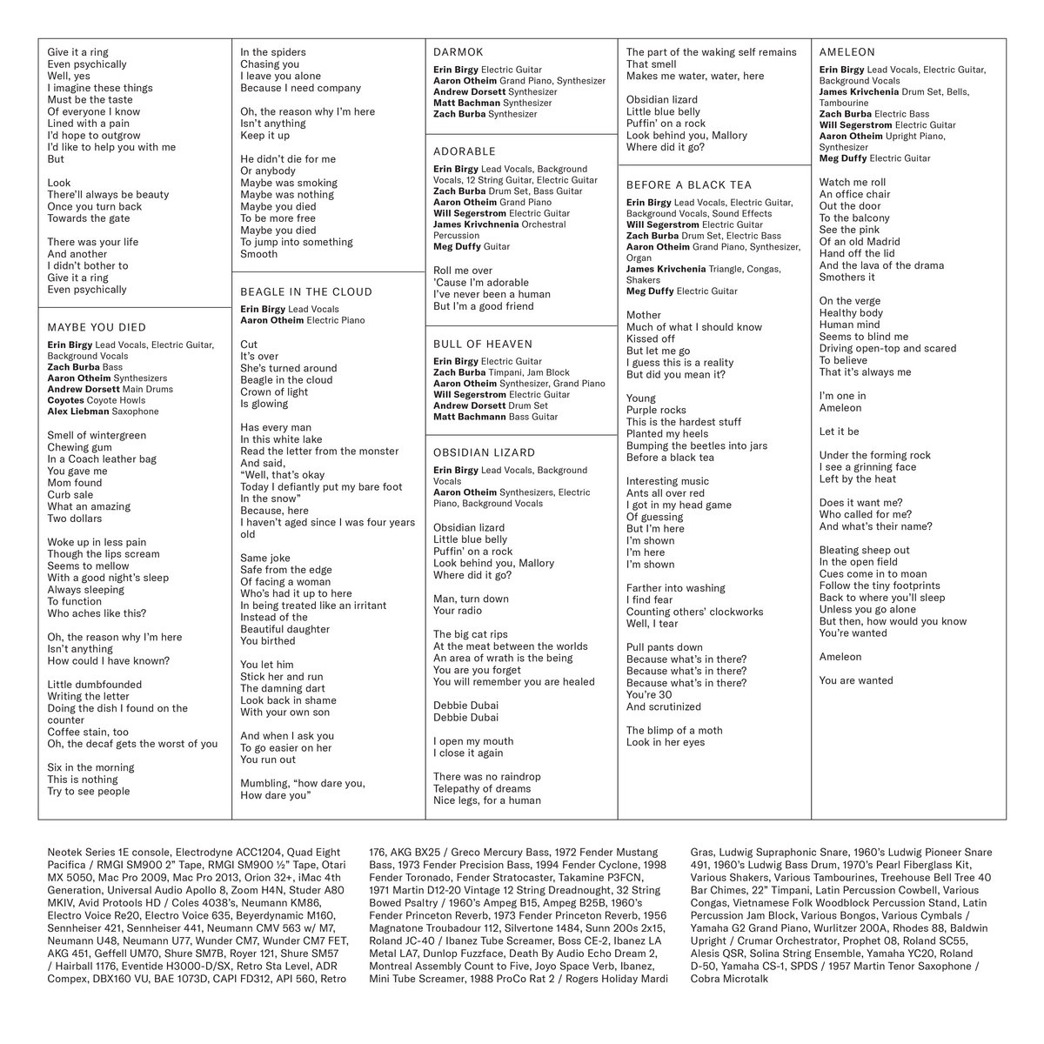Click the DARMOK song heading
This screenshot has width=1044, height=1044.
(x=458, y=52)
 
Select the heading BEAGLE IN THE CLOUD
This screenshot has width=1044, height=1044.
(x=305, y=292)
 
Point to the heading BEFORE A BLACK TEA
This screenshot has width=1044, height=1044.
(x=689, y=184)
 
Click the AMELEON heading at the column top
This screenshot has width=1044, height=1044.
(x=847, y=52)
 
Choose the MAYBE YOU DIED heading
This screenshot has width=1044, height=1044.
(x=97, y=328)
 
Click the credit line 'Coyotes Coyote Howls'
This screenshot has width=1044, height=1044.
(x=90, y=400)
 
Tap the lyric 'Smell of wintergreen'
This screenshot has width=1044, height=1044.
(x=97, y=435)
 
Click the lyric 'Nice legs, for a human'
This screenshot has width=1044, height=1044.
(x=487, y=800)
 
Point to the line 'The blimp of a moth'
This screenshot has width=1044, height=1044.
(x=674, y=731)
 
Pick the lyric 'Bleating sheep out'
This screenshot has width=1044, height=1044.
(x=864, y=550)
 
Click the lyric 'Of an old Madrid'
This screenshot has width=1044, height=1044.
(x=860, y=242)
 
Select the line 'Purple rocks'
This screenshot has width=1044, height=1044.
(x=656, y=410)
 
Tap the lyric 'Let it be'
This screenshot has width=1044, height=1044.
(x=839, y=432)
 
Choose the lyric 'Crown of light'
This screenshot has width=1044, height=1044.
(x=274, y=391)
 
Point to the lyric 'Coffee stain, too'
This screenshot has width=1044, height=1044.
(x=88, y=733)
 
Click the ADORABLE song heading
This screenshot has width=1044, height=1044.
(x=465, y=151)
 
